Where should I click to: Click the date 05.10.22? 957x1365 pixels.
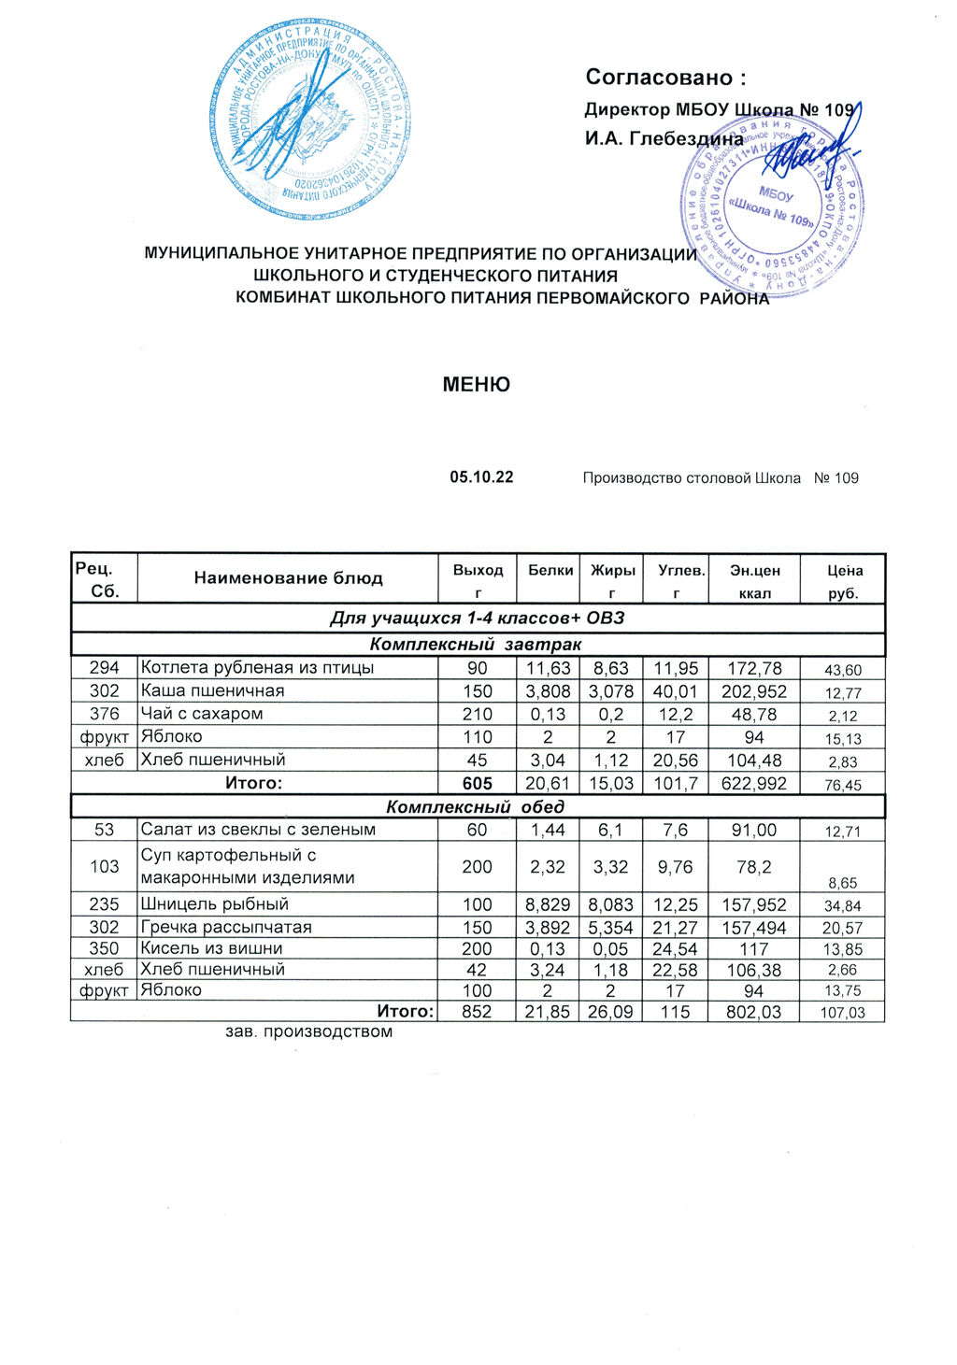coord(481,477)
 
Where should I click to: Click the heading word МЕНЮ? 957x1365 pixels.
coord(477,385)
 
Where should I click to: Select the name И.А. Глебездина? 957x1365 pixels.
coord(664,139)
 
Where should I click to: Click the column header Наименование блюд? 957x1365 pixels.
coord(288,578)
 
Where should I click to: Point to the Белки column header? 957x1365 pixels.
coord(550,570)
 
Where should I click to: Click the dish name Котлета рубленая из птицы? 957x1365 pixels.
coord(257,668)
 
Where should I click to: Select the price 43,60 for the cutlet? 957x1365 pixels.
coord(843,670)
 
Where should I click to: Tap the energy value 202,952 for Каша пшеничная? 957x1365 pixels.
coord(753,691)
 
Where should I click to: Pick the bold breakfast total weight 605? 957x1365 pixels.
coord(477,784)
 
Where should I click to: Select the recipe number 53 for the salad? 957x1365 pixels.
coord(105,830)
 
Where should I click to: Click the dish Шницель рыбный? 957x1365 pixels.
coord(214,904)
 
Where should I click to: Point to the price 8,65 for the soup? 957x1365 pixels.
coord(843,883)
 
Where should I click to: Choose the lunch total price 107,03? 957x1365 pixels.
coord(843,1013)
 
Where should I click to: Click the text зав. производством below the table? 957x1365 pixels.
coord(308,1032)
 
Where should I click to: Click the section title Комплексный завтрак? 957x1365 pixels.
coord(476,645)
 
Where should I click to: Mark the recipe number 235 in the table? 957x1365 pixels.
coord(105,904)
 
